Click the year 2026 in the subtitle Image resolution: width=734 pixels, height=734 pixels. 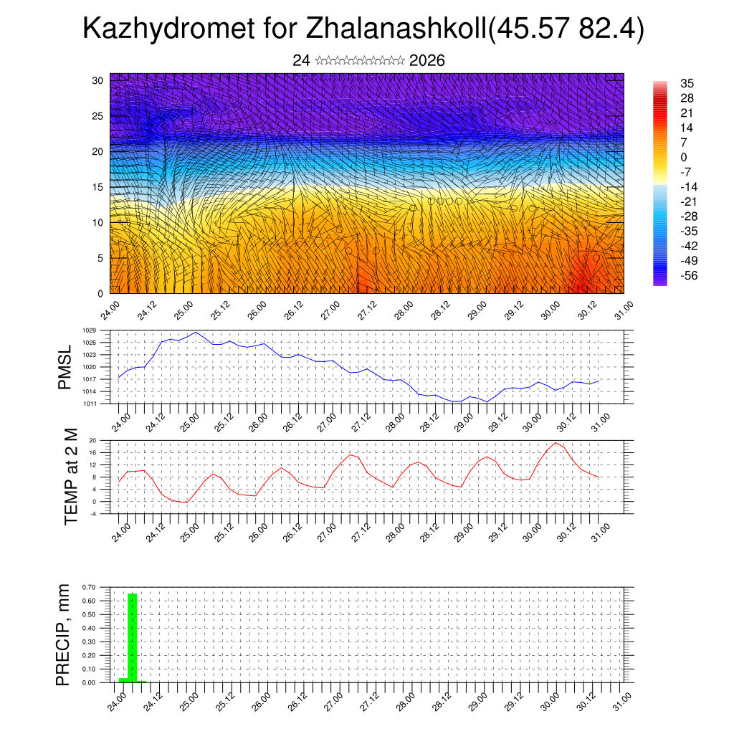(427, 61)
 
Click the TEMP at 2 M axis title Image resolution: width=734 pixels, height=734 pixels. (71, 478)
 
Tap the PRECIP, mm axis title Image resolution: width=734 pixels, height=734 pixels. (64, 635)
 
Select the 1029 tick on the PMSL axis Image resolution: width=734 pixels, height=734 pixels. (89, 330)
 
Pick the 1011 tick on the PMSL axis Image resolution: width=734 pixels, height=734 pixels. (89, 404)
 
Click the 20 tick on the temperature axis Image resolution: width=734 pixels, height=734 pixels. (92, 440)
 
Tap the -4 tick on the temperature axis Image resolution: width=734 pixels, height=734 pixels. (92, 513)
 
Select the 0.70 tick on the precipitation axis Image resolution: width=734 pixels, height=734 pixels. (89, 587)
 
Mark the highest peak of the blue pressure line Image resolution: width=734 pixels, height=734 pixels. (196, 333)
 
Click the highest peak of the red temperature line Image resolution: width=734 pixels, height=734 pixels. (556, 442)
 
